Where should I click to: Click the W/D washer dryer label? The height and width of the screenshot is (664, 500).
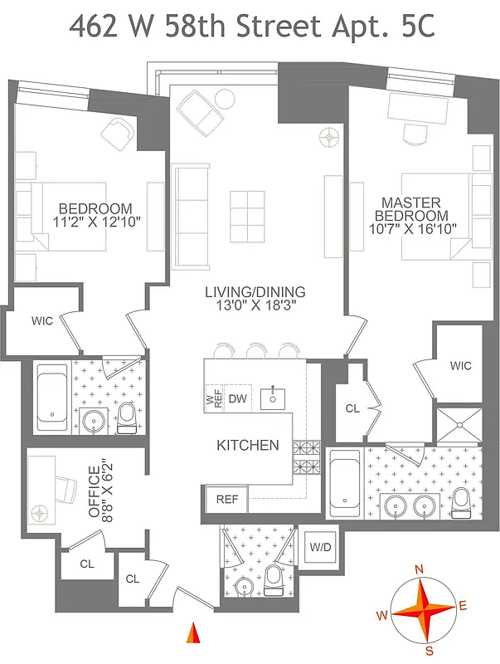[x=319, y=548]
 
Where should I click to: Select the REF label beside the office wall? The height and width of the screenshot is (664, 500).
[x=226, y=500]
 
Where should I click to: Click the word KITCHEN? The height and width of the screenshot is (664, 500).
[x=247, y=446]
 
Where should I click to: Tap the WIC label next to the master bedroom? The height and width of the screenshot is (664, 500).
[x=460, y=365]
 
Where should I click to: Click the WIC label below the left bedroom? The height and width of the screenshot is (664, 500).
[x=42, y=321]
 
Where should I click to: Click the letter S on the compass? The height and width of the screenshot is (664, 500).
[x=430, y=649]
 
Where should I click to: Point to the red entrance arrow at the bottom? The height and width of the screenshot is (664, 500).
[x=193, y=632]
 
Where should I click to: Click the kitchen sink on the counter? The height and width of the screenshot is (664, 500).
[x=274, y=398]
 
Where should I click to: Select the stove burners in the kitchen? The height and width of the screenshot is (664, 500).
[x=308, y=455]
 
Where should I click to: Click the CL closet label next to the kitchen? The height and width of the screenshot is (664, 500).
[x=351, y=408]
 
